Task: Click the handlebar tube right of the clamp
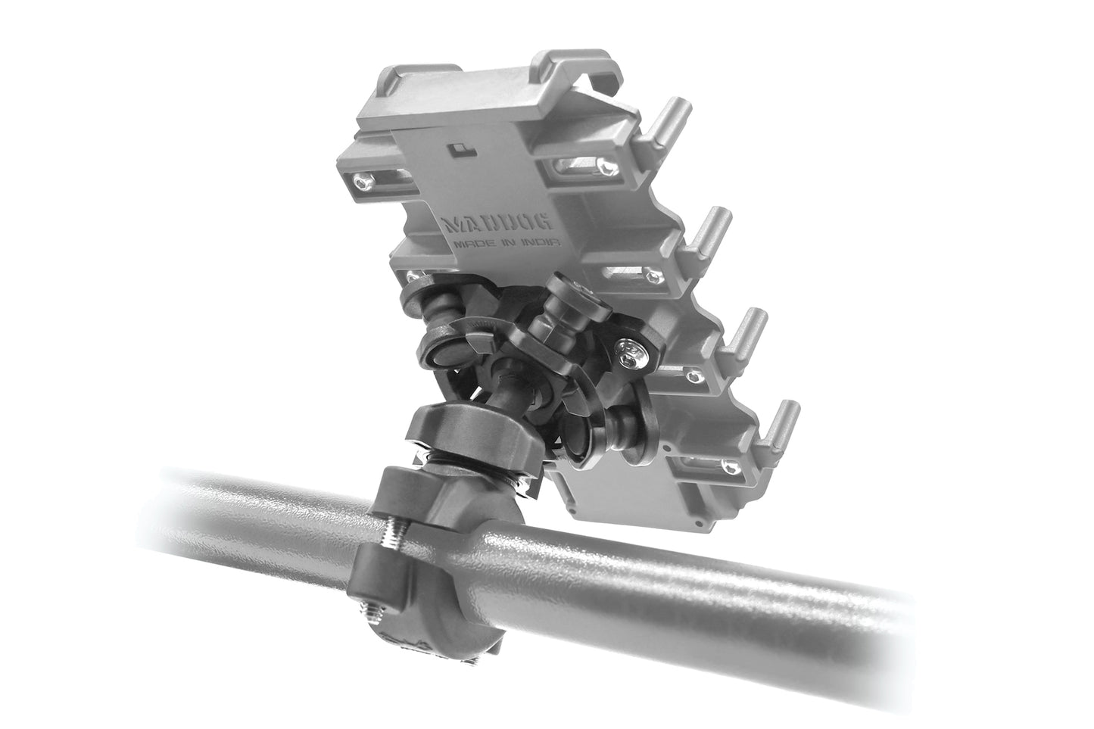pos(681,575)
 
